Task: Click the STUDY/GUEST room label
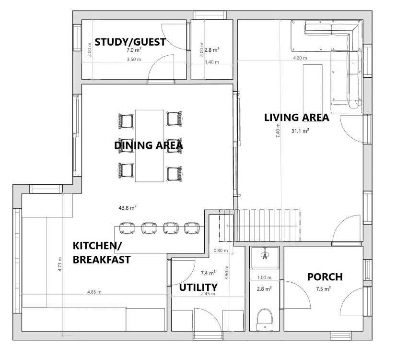130,42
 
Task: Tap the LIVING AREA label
296,118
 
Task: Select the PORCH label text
325,277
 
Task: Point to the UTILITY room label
198,287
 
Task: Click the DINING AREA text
149,145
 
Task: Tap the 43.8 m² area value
128,208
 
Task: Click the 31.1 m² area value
300,131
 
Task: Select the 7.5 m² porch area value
324,288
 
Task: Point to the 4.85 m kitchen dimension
94,292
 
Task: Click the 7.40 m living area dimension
278,131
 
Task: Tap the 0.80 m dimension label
221,251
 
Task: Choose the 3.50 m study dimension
134,60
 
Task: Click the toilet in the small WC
265,320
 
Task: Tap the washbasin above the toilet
265,254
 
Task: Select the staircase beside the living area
260,226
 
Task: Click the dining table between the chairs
150,146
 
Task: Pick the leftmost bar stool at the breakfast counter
127,228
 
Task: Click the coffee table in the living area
313,93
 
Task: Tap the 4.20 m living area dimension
300,58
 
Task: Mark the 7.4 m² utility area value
208,273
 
